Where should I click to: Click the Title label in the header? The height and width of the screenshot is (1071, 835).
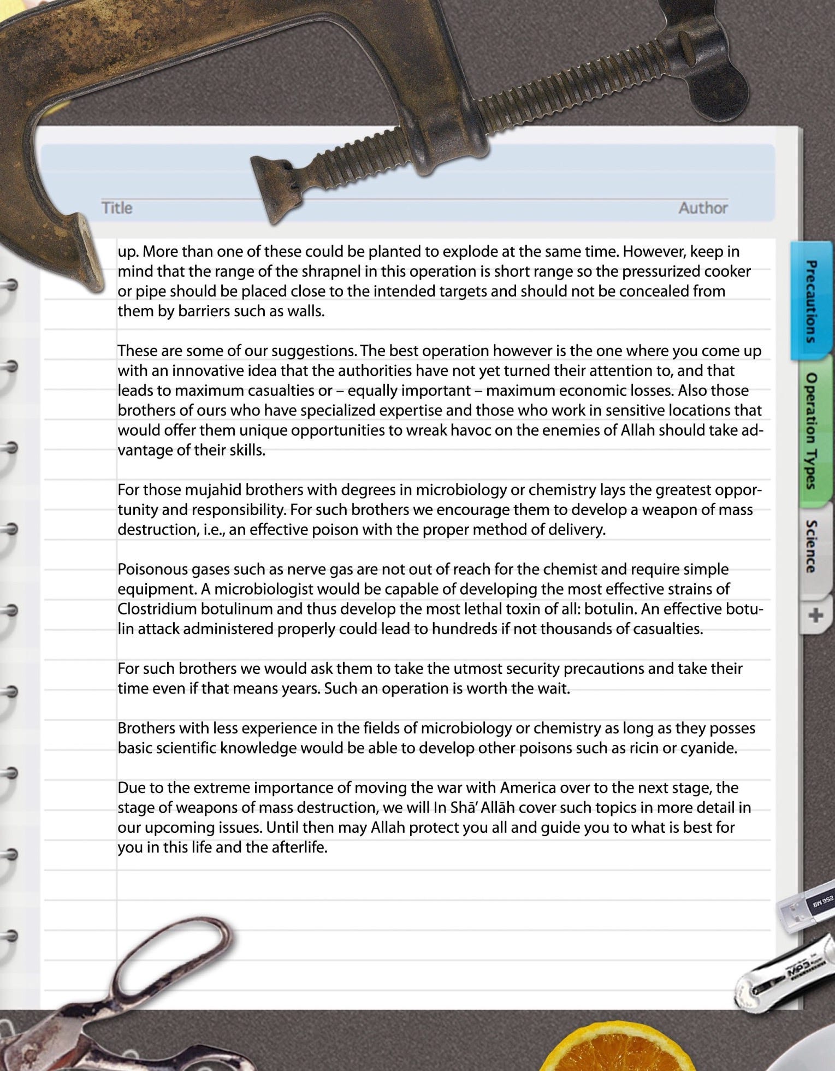(x=117, y=208)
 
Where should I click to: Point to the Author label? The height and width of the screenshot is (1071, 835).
(x=703, y=208)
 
